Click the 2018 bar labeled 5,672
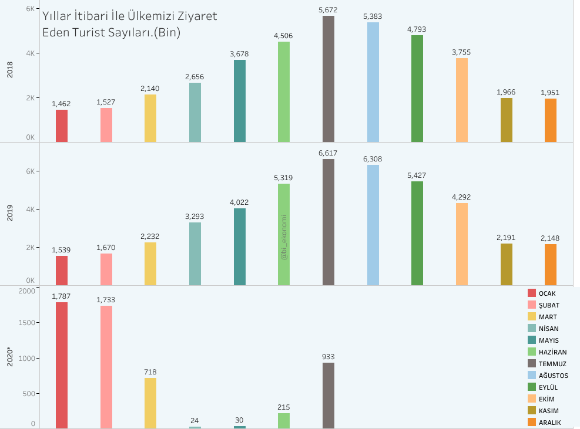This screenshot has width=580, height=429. (x=328, y=79)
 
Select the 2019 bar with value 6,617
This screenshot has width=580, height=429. (x=328, y=222)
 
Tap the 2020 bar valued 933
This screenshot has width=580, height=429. (x=328, y=396)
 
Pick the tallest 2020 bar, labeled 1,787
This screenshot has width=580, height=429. (x=62, y=366)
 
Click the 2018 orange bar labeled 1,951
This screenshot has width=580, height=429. (x=551, y=120)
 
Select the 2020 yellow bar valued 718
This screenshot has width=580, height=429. (x=150, y=403)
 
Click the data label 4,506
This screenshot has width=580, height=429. (x=283, y=35)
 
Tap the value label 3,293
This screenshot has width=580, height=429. (x=195, y=216)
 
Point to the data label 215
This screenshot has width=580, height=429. (x=284, y=407)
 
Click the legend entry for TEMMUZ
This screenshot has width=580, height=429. (x=547, y=364)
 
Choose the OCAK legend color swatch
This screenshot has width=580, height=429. (x=532, y=293)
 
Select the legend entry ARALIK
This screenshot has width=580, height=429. (x=545, y=423)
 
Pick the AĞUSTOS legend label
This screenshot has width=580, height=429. (x=554, y=376)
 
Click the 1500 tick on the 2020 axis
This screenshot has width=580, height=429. (x=26, y=323)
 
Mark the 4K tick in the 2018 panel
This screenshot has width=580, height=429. (x=31, y=53)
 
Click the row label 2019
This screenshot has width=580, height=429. (x=10, y=213)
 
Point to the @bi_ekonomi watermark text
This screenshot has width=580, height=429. (x=284, y=237)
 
